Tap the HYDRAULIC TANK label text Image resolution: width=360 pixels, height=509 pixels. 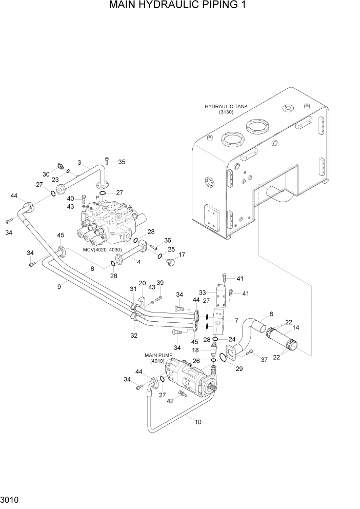pyautogui.click(x=226, y=107)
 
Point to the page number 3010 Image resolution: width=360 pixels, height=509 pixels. pyautogui.click(x=11, y=499)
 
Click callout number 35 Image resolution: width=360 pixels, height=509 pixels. pyautogui.click(x=122, y=162)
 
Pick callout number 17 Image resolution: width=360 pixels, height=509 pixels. pyautogui.click(x=181, y=254)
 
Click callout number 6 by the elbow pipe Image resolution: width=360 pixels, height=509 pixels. pyautogui.click(x=271, y=314)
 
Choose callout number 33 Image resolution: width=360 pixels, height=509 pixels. pyautogui.click(x=202, y=292)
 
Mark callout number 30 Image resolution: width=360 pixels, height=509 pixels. pyautogui.click(x=46, y=174)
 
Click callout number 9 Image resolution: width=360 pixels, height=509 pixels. pyautogui.click(x=59, y=287)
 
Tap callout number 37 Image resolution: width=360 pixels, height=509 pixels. pyautogui.click(x=265, y=360)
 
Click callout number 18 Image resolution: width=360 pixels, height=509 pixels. pyautogui.click(x=195, y=349)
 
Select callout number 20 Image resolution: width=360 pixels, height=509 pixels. pyautogui.click(x=143, y=283)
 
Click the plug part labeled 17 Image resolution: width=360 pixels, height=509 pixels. pyautogui.click(x=171, y=262)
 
